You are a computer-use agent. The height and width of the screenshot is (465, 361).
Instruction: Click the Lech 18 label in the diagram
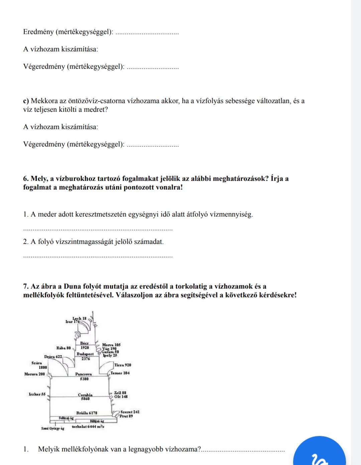click(80, 318)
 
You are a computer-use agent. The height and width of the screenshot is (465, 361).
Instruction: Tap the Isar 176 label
click(73, 322)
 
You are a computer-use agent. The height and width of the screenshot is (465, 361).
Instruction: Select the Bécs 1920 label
click(85, 345)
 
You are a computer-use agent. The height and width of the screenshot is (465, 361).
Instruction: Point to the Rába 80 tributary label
click(64, 348)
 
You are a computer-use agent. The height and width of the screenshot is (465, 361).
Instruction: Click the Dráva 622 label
click(53, 357)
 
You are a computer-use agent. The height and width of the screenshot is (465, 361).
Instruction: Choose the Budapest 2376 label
click(85, 356)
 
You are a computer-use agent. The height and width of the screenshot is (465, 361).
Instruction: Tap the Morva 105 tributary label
click(111, 345)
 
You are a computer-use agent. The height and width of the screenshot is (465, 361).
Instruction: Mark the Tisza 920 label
click(123, 365)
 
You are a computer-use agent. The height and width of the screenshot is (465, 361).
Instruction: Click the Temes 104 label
click(120, 373)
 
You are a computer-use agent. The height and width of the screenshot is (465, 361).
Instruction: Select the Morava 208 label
click(34, 374)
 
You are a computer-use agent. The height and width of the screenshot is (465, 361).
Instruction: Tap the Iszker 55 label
click(37, 394)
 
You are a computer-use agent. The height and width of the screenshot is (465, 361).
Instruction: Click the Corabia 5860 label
click(85, 397)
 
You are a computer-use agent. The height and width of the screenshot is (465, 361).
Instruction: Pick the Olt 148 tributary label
click(121, 397)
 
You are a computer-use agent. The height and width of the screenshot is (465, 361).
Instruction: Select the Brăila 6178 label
click(87, 413)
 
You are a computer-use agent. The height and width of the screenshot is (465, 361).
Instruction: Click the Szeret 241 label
click(130, 412)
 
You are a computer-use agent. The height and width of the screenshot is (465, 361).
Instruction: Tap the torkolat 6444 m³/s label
click(88, 427)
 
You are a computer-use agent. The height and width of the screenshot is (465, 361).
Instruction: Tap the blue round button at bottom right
click(319, 454)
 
